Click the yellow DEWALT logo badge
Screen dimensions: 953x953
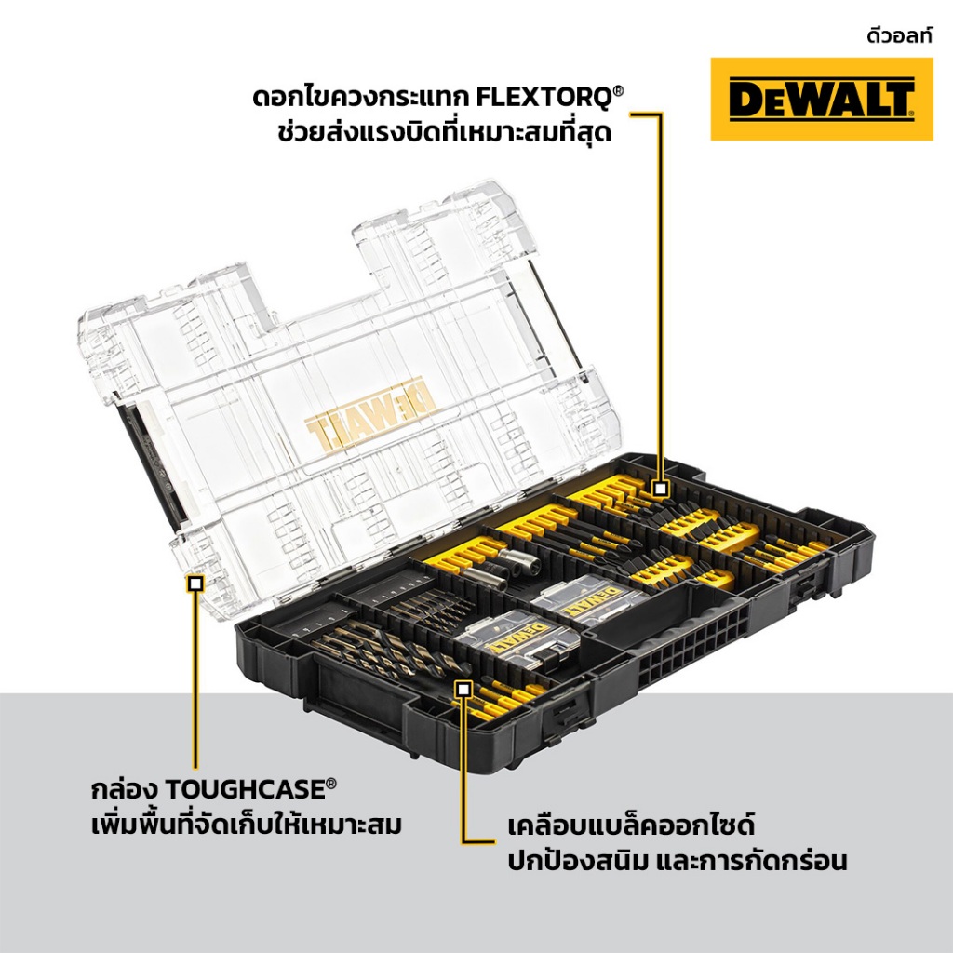822,99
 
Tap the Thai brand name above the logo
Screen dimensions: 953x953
899,36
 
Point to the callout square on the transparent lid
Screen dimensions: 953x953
195,584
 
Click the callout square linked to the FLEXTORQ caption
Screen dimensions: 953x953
661,488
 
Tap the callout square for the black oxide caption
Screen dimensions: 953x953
463,689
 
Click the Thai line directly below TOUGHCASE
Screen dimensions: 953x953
246,825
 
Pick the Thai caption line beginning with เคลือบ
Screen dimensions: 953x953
631,826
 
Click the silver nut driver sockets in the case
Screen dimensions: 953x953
512,569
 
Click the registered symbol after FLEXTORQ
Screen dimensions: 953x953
618,91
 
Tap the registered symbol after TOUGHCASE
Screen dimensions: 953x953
331,783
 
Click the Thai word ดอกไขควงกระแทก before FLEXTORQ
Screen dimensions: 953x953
360,98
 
